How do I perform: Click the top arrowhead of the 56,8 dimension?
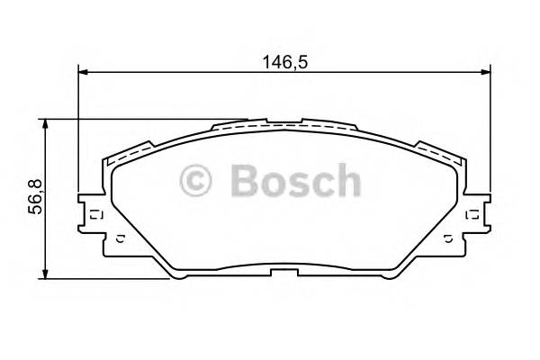45,123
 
